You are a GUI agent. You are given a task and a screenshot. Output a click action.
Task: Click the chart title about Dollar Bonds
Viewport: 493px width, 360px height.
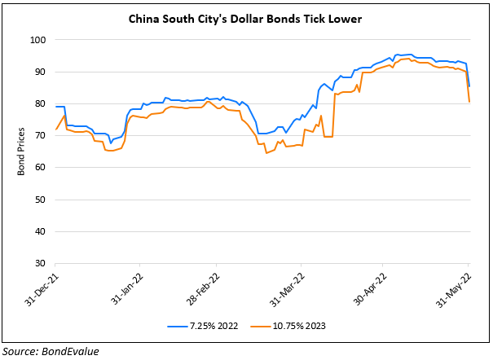pyautogui.click(x=246, y=18)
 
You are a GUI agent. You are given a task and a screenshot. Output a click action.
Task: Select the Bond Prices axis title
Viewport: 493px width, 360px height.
pyautogui.click(x=20, y=151)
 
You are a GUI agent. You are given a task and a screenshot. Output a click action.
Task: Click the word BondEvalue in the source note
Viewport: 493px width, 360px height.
pyautogui.click(x=74, y=350)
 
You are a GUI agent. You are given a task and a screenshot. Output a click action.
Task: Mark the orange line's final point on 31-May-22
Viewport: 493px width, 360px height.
pyautogui.click(x=470, y=102)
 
